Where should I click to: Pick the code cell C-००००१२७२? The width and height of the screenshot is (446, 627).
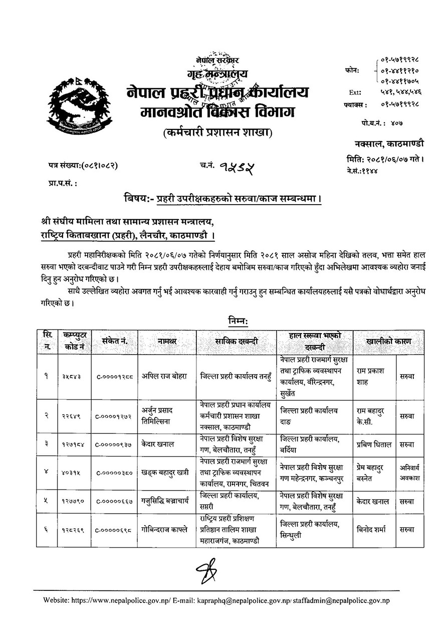[114, 416]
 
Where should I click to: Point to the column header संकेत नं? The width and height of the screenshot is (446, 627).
[114, 342]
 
